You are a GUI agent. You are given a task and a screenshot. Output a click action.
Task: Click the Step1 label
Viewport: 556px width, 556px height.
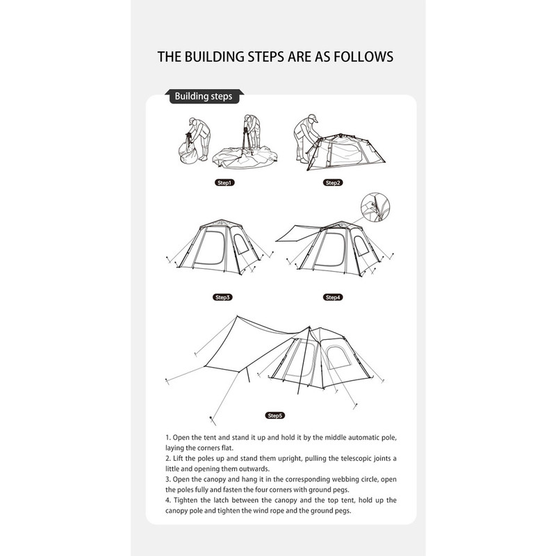click(224, 183)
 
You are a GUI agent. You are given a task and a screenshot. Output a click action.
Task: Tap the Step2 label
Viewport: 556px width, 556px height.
click(333, 183)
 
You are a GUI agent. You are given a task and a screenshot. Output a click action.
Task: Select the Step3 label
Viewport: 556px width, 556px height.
click(222, 297)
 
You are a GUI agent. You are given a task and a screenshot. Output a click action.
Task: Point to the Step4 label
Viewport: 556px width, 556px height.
click(333, 297)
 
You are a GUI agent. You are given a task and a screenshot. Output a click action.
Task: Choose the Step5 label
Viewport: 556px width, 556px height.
click(275, 415)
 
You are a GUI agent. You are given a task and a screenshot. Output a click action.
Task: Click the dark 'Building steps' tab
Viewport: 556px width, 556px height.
click(204, 97)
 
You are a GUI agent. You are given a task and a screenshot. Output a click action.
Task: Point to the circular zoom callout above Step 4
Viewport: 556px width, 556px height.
click(375, 207)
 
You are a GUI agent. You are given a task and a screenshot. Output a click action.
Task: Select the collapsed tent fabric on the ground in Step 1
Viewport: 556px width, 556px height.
click(245, 157)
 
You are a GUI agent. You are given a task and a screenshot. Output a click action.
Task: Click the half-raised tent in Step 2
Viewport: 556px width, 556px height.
click(345, 152)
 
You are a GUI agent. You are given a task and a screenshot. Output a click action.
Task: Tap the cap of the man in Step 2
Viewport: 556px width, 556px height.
click(313, 117)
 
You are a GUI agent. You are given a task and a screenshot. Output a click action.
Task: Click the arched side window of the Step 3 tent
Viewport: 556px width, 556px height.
click(241, 244)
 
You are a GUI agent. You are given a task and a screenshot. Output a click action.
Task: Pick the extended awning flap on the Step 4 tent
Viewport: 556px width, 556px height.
click(298, 234)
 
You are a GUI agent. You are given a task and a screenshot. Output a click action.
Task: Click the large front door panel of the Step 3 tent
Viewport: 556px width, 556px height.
click(210, 247)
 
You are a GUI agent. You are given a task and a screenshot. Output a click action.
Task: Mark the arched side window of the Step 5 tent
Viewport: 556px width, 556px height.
click(338, 357)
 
